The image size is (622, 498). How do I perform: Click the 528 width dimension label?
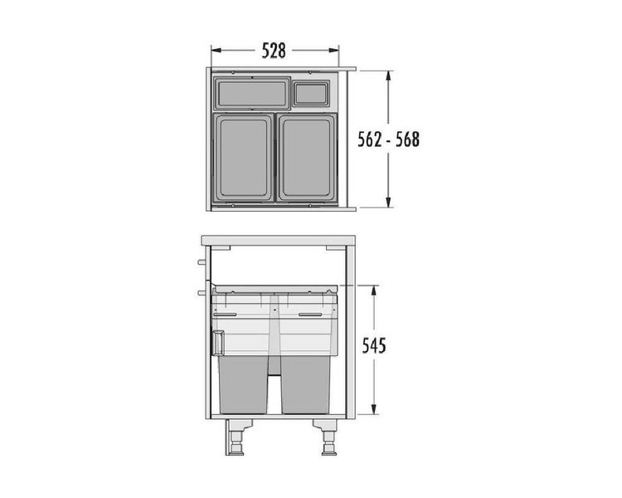[274, 51]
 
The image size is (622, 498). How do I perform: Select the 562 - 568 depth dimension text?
[388, 139]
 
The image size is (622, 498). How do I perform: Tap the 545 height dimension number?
[374, 346]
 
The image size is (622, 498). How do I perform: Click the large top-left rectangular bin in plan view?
[252, 94]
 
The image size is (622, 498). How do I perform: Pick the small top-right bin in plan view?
[312, 93]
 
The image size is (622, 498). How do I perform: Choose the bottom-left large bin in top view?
[244, 158]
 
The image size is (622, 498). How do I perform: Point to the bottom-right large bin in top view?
[308, 158]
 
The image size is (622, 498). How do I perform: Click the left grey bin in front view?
[244, 384]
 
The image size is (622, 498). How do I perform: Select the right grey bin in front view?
[305, 384]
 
